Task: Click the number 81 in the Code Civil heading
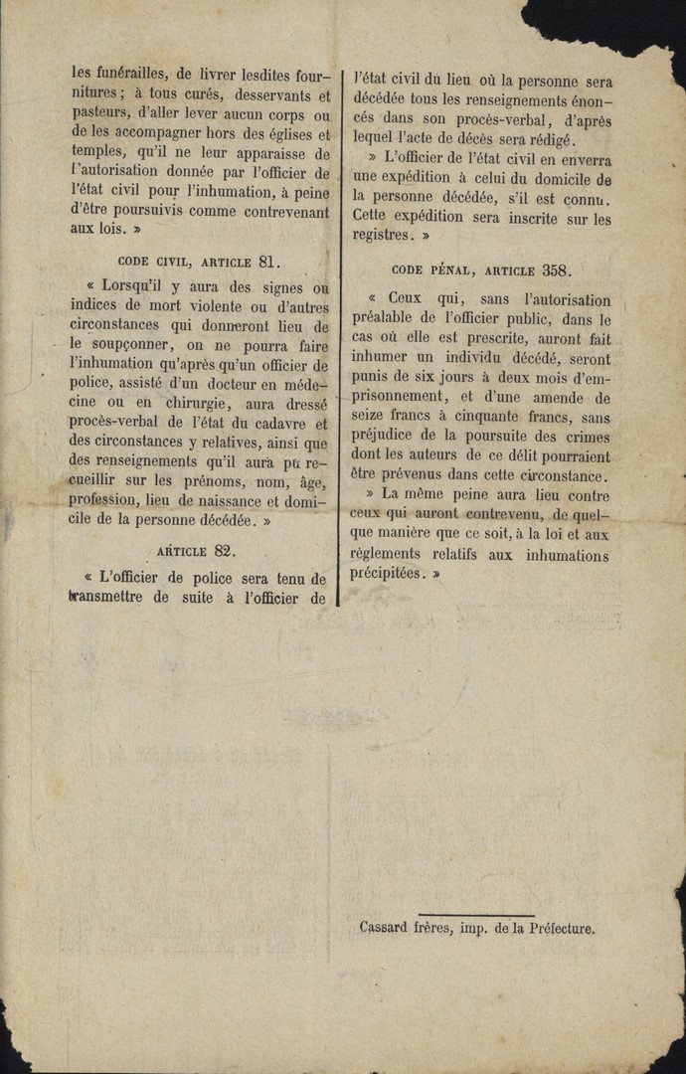[x=268, y=263]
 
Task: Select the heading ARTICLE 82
[x=196, y=551]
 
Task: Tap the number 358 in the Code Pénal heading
[x=556, y=269]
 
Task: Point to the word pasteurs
[x=101, y=115]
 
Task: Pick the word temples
[x=100, y=154]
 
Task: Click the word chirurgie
[x=189, y=402]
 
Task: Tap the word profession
[x=103, y=499]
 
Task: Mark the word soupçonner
[x=126, y=345]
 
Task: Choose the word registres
[x=380, y=236]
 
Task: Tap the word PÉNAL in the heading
[x=452, y=270]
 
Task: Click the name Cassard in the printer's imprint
[x=384, y=929]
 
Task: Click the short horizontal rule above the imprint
[x=476, y=915]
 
